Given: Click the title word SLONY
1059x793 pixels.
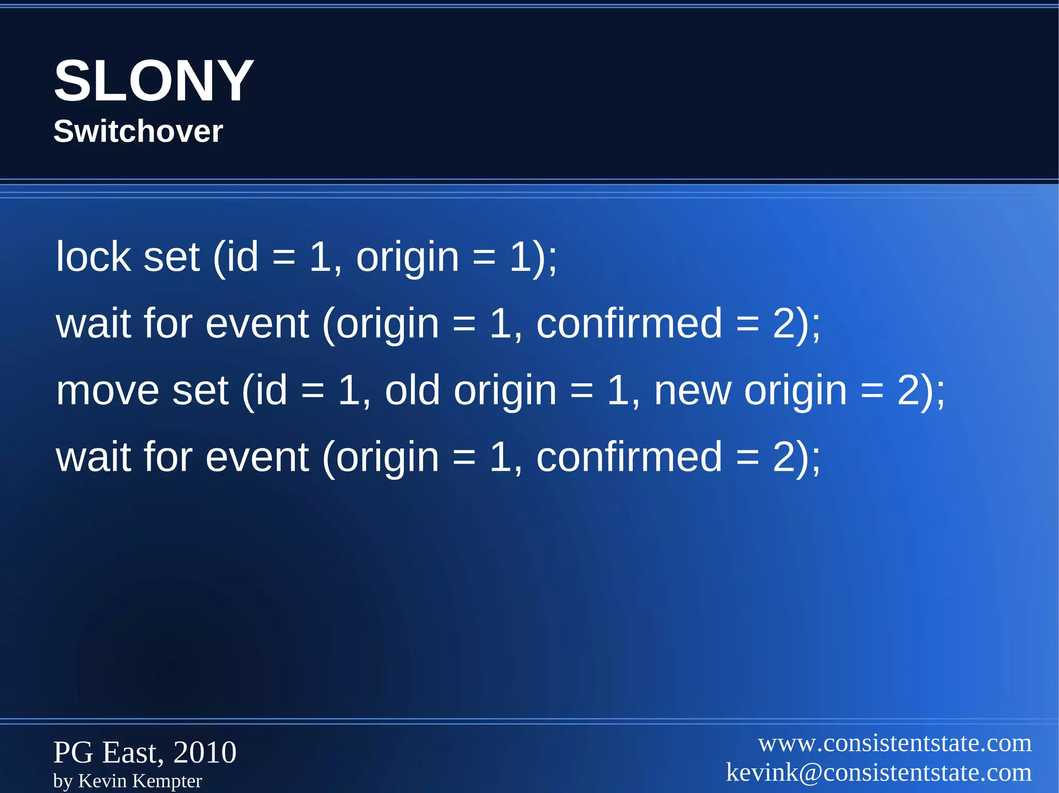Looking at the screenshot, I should coord(154,81).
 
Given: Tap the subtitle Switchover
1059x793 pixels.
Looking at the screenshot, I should coord(138,131).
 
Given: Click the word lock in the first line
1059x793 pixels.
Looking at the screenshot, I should coord(93,257).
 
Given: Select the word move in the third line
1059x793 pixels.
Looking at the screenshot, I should coord(107,391).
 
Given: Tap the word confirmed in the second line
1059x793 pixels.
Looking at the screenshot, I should coord(629,324).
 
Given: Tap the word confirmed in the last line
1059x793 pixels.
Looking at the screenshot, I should coord(629,457).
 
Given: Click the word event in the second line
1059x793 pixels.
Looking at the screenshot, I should coord(257,324).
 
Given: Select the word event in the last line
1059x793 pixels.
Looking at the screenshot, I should coord(257,457).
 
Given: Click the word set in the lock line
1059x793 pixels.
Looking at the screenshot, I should coord(171,257).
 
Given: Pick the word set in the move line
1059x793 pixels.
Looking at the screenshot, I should coord(200,391).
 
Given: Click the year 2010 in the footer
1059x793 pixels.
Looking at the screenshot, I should coord(205,752).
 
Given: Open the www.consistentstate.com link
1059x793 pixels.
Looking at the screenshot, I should coord(895,743).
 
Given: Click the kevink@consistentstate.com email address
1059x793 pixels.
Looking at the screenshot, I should coord(879,773).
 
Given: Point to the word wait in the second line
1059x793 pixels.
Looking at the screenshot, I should coord(93,324).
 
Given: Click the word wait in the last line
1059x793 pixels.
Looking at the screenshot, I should coord(93,457).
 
